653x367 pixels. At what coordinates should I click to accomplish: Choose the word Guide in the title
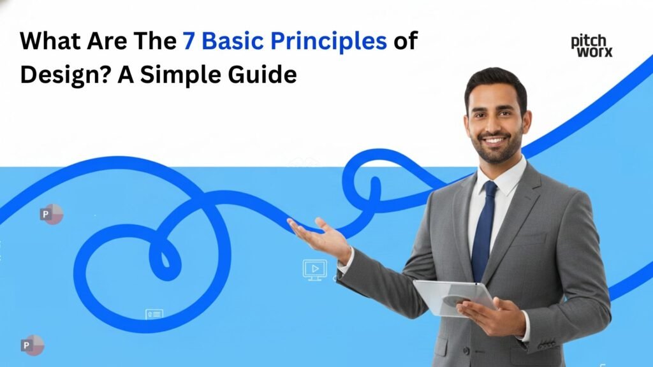click(x=267, y=75)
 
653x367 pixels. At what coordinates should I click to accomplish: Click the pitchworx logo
click(x=591, y=46)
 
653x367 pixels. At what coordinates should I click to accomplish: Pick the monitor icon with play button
click(x=314, y=270)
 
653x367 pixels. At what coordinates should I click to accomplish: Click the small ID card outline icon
click(x=154, y=314)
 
